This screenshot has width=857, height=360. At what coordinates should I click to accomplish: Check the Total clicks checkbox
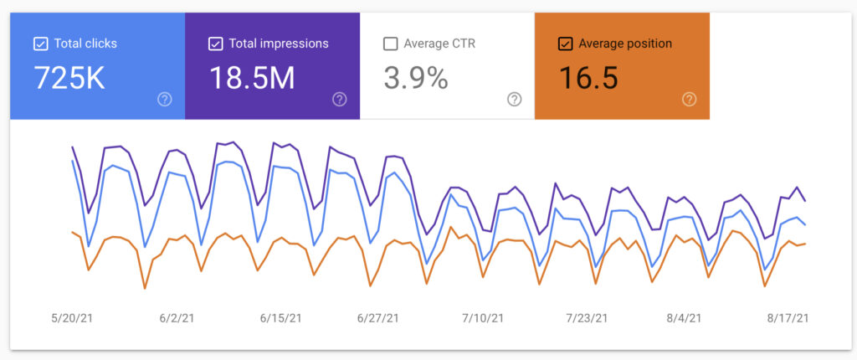click(40, 44)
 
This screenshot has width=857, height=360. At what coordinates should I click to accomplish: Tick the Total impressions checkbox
click(216, 44)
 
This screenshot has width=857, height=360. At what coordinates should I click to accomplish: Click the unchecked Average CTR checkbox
click(390, 44)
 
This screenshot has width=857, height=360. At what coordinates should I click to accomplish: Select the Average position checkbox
click(565, 44)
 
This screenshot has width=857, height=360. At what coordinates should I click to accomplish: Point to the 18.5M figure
click(252, 78)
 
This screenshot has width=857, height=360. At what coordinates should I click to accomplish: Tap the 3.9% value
click(416, 78)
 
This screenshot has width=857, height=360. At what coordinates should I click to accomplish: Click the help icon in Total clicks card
click(164, 100)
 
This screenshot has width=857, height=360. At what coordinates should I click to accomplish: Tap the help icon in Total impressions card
click(339, 100)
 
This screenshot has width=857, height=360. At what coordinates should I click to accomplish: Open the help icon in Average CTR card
click(514, 100)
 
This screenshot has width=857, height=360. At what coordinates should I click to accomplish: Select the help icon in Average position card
click(689, 100)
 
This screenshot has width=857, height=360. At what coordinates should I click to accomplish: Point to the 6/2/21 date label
click(176, 318)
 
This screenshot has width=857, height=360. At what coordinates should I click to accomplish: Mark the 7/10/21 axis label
click(482, 318)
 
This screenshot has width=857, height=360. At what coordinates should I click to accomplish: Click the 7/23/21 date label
click(588, 318)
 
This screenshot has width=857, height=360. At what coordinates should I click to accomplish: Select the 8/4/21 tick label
click(685, 318)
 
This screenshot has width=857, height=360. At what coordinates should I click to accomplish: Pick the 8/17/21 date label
click(788, 318)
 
